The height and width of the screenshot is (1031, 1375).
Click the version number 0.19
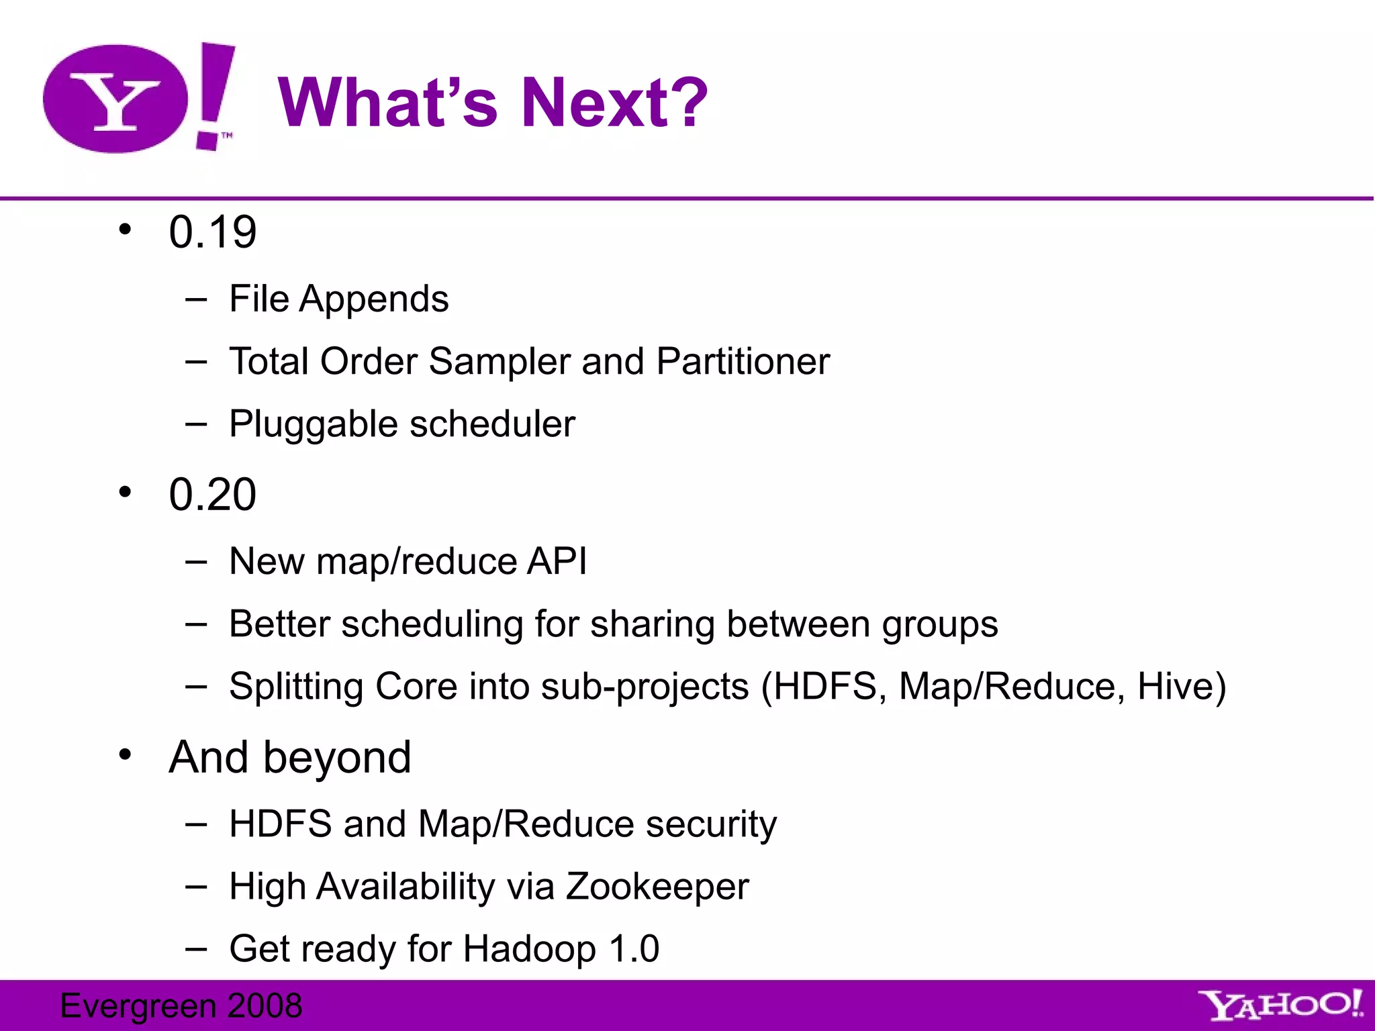pyautogui.click(x=212, y=232)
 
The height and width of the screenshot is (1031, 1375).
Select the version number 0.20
pyautogui.click(x=212, y=495)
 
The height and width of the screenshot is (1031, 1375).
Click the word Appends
pyautogui.click(x=374, y=299)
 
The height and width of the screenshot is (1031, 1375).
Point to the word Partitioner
pyautogui.click(x=743, y=362)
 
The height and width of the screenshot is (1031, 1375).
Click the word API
pyautogui.click(x=557, y=561)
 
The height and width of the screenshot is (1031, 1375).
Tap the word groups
pyautogui.click(x=939, y=625)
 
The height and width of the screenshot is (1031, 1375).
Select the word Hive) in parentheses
pyautogui.click(x=1181, y=687)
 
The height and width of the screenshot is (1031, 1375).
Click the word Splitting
pyautogui.click(x=296, y=687)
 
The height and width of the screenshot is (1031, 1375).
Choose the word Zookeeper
pyautogui.click(x=657, y=887)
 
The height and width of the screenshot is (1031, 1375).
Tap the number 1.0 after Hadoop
pyautogui.click(x=634, y=949)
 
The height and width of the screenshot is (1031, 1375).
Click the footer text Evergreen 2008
pyautogui.click(x=181, y=1005)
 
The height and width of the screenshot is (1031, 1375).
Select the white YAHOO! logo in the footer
pyautogui.click(x=1280, y=1005)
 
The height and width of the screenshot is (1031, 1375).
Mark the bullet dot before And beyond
pyautogui.click(x=125, y=755)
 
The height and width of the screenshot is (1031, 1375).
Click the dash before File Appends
pyautogui.click(x=196, y=299)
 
